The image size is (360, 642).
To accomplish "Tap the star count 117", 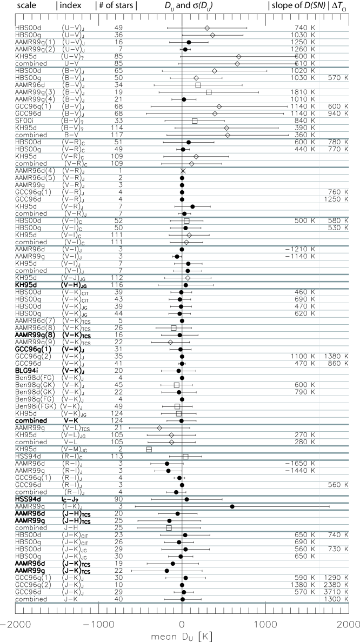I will tap(117, 135).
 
